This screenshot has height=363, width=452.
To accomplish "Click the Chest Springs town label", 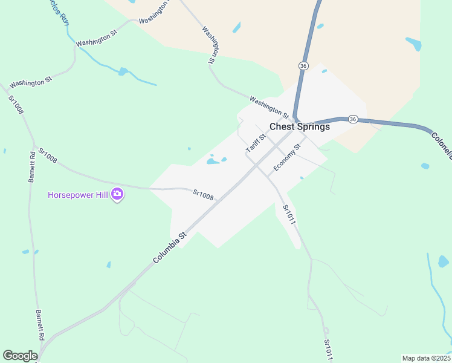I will [300, 127].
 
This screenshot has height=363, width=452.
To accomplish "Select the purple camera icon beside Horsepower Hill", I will [118, 195].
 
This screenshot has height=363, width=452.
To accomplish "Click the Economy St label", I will [287, 157].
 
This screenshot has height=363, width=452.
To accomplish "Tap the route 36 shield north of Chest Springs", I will [303, 65].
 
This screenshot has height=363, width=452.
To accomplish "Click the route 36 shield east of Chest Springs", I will [354, 119].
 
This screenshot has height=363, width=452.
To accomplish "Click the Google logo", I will [20, 356].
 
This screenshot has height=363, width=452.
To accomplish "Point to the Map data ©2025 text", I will [426, 358].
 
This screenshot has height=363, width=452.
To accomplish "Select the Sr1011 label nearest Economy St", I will [289, 215].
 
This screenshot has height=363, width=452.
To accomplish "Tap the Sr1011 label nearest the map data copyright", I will [328, 350].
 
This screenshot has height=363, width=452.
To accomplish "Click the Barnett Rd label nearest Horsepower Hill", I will [32, 166].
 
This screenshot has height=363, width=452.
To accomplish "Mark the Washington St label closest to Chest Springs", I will [269, 107].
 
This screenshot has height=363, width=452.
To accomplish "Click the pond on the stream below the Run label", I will [123, 71].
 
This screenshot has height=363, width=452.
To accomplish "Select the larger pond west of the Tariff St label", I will [212, 161].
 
